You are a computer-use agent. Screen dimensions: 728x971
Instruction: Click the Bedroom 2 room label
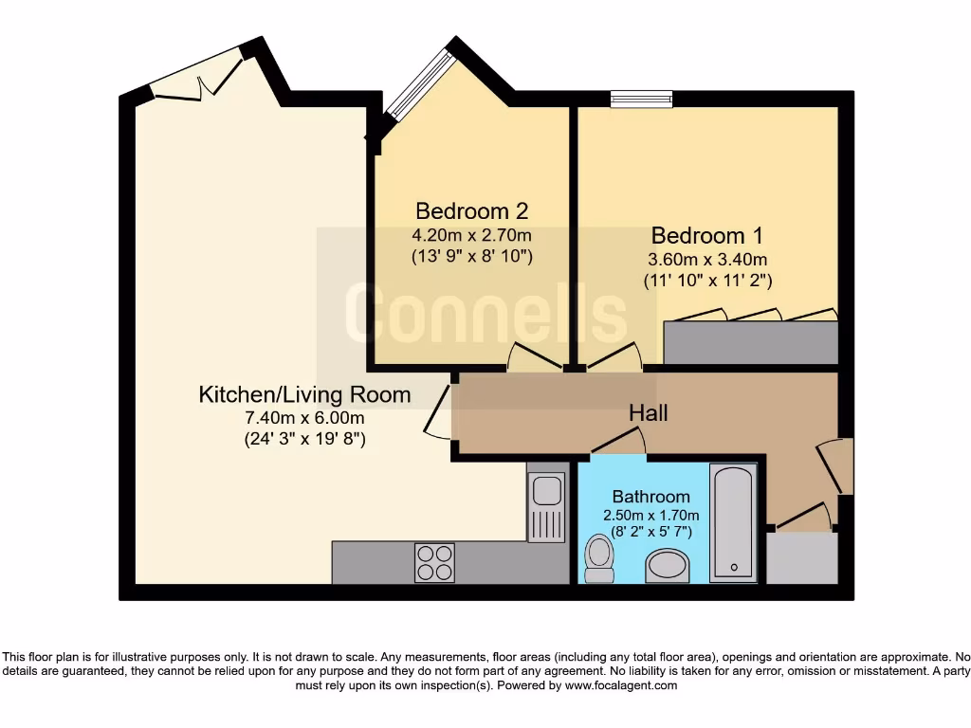pyautogui.click(x=471, y=210)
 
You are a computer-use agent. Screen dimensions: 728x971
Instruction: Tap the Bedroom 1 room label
pyautogui.click(x=706, y=235)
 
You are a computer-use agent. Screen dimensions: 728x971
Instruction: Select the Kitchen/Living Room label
pyautogui.click(x=304, y=394)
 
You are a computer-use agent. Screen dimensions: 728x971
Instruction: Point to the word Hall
pyautogui.click(x=649, y=413)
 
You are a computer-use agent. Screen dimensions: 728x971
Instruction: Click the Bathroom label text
pyautogui.click(x=650, y=497)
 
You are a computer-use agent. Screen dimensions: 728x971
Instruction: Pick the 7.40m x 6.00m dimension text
pyautogui.click(x=304, y=417)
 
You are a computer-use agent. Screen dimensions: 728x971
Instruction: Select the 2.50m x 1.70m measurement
pyautogui.click(x=650, y=515)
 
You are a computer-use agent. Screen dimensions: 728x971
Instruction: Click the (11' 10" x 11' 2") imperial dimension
pyautogui.click(x=706, y=281)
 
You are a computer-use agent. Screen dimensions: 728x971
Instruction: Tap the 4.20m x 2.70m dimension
pyautogui.click(x=471, y=234)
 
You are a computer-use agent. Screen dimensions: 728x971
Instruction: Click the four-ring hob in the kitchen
pyautogui.click(x=434, y=562)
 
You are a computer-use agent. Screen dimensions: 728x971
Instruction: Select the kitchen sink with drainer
pyautogui.click(x=545, y=507)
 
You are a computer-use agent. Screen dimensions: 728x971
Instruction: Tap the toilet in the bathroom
pyautogui.click(x=598, y=559)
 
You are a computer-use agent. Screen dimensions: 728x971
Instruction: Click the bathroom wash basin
pyautogui.click(x=668, y=567)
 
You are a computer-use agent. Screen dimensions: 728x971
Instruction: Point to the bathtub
pyautogui.click(x=733, y=522)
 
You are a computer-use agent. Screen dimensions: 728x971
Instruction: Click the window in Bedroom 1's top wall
pyautogui.click(x=641, y=97)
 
